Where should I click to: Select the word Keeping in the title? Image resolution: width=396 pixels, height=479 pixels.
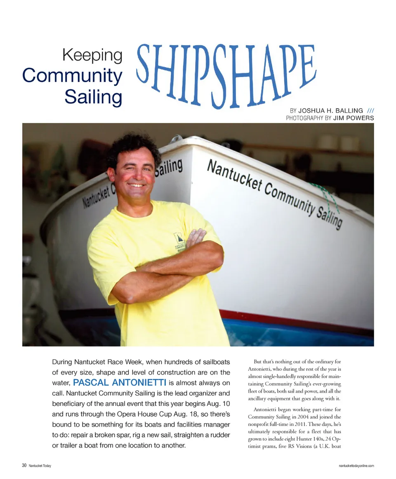click(92, 56)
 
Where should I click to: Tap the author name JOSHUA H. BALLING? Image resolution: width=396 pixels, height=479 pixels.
click(330, 111)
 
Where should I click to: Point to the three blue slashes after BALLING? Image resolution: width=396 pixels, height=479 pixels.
click(370, 111)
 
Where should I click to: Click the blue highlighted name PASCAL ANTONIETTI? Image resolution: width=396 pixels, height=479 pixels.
click(120, 383)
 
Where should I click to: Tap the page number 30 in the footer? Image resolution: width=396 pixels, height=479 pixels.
click(24, 465)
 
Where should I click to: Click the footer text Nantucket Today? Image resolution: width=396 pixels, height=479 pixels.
click(40, 466)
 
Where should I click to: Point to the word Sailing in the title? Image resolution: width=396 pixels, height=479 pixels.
click(93, 97)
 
